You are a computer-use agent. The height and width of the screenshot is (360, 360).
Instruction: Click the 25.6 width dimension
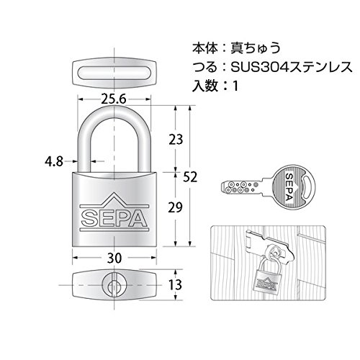tap(114, 99)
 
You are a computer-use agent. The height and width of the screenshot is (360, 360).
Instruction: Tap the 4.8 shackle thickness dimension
tap(54, 161)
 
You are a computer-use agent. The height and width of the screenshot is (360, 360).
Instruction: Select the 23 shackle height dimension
tap(176, 140)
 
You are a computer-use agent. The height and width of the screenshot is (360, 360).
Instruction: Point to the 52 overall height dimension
tap(190, 177)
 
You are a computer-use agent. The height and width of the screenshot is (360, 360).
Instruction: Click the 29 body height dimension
tap(175, 207)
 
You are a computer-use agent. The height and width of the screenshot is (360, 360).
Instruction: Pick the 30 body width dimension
tap(114, 258)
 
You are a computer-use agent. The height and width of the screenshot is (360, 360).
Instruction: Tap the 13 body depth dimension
tap(175, 285)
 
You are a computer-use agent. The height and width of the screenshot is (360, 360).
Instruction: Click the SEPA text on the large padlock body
tap(114, 218)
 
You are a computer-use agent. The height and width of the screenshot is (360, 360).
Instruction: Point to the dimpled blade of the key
tap(242, 187)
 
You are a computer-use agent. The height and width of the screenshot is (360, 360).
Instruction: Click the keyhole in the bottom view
tap(114, 285)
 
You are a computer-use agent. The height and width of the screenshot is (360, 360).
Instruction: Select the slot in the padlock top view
tap(114, 73)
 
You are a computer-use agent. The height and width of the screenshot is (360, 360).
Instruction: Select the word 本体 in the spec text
tap(204, 48)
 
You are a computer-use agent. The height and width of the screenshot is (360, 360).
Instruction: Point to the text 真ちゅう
tap(256, 48)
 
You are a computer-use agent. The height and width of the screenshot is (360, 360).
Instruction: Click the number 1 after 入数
tap(235, 86)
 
